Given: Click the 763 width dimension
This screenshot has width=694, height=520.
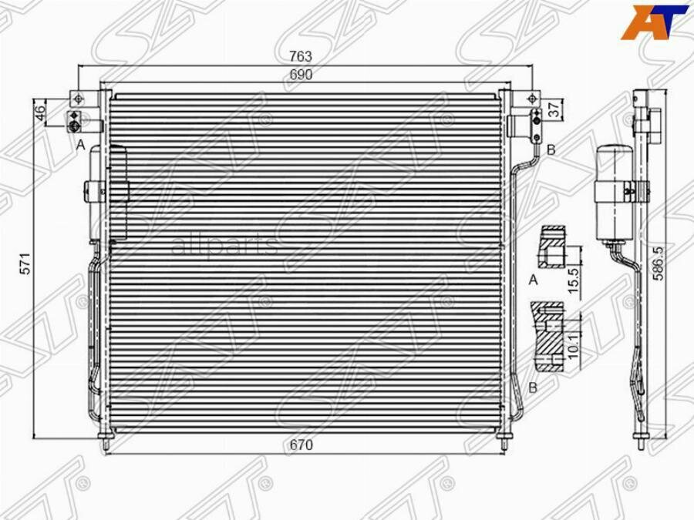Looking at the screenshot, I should pyautogui.click(x=301, y=56).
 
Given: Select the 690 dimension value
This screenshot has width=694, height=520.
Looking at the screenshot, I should pyautogui.click(x=301, y=75).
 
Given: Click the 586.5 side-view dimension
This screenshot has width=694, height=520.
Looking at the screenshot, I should pyautogui.click(x=657, y=263).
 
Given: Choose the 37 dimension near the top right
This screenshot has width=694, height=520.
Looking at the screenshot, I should pyautogui.click(x=554, y=110).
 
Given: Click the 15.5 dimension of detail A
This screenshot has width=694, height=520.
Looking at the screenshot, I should pyautogui.click(x=571, y=274).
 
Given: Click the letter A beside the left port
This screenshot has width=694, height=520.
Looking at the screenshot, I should pyautogui.click(x=80, y=144).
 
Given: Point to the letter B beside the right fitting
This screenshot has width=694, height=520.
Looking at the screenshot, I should pyautogui.click(x=551, y=149).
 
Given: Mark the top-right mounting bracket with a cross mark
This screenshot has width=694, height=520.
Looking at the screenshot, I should pyautogui.click(x=531, y=98).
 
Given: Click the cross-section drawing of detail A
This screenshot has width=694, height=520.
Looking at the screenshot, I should pyautogui.click(x=552, y=247).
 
